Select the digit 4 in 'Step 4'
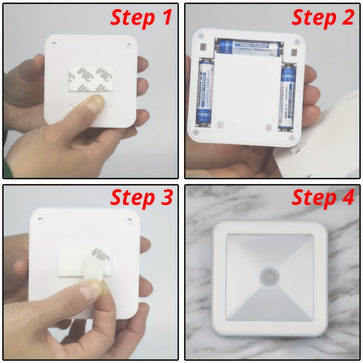coord(348,198)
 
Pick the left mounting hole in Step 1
coord(54,44)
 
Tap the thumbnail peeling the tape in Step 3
coord(93,285)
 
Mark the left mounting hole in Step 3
coord(40,220)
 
